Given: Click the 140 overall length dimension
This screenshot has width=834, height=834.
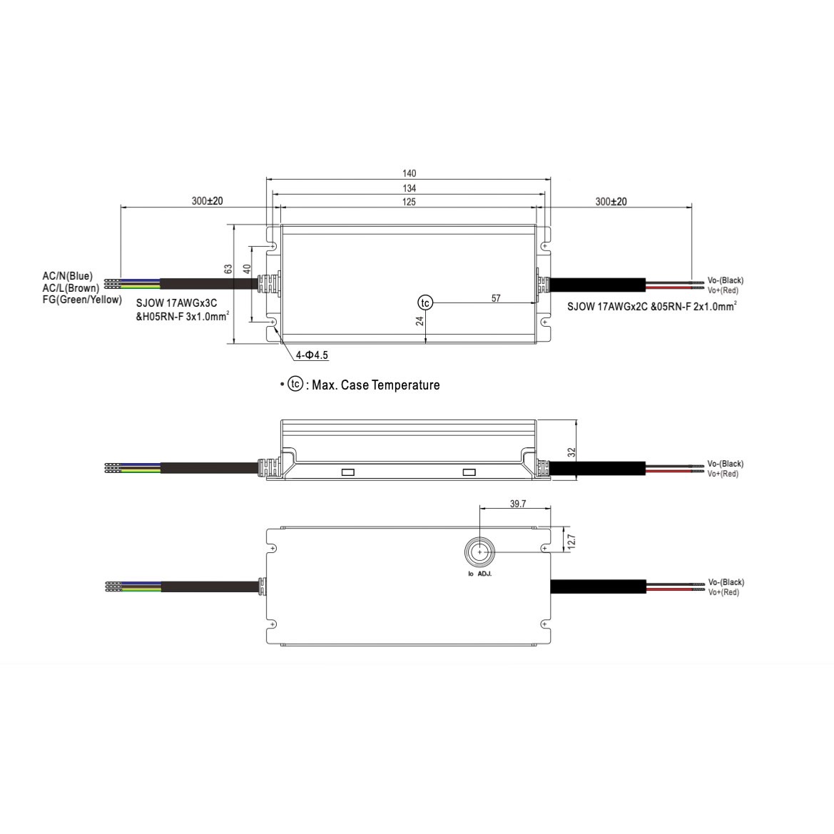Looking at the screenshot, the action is [409, 173].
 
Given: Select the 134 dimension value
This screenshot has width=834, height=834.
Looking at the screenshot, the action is [409, 188].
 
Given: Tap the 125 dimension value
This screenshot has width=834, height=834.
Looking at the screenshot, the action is [409, 202].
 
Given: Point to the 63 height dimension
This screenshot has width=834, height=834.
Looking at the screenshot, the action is [228, 269].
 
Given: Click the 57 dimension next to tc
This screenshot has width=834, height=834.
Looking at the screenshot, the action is [496, 298].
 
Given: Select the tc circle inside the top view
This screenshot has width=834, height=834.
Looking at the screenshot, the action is [425, 302].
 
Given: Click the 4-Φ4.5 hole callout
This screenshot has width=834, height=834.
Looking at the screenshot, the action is [312, 355].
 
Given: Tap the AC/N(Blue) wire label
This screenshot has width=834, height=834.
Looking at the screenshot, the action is [68, 276].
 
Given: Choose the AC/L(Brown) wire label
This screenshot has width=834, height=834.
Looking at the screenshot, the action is [71, 288].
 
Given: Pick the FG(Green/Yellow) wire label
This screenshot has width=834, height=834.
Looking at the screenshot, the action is [82, 300].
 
